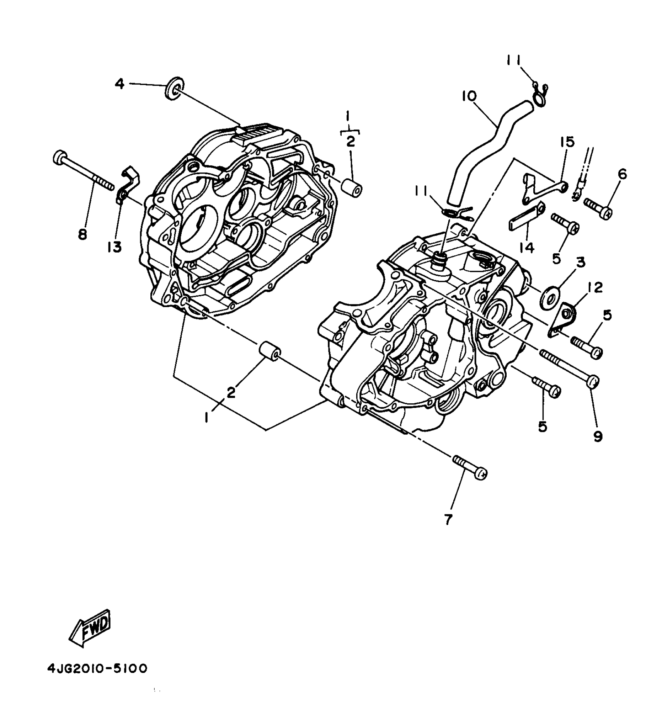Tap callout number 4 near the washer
[120, 83]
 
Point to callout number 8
[82, 234]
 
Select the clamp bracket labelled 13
[127, 184]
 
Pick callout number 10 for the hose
[469, 96]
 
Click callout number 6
[622, 175]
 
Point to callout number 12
[595, 287]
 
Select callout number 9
[598, 436]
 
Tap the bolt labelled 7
[470, 467]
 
